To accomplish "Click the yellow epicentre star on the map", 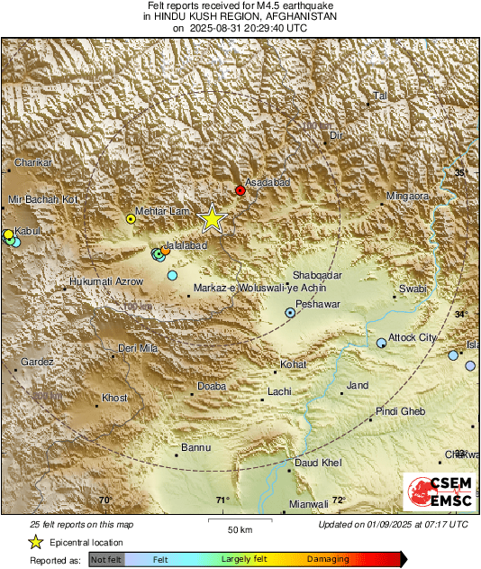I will click(213, 218).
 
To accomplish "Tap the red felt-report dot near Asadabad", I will click(240, 190).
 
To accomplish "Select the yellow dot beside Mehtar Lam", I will click(132, 218).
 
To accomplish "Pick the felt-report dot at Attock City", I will click(382, 343).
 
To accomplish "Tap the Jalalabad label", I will click(186, 245).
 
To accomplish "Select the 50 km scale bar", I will click(239, 520).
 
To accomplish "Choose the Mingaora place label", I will click(408, 196).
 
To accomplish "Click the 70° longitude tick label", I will click(105, 500).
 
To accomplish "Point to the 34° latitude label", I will click(460, 314).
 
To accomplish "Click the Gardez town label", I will click(37, 362).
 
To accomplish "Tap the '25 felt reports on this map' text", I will click(81, 524).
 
